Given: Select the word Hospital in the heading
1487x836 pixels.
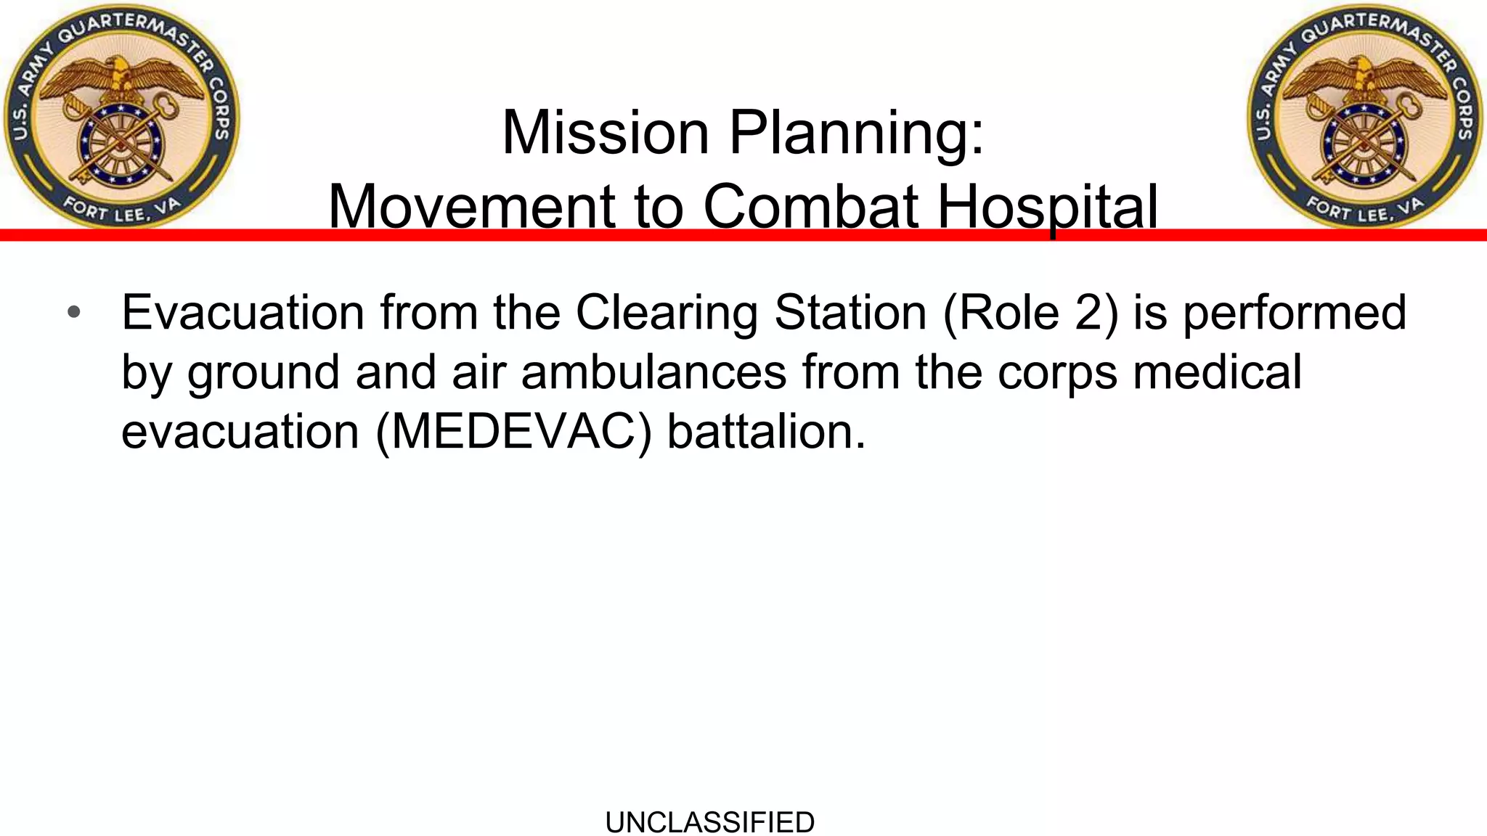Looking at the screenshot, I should coord(1047,207).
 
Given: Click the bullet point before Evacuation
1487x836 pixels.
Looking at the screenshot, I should coord(73,313).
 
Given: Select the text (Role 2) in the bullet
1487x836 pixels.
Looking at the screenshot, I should coord(1030,313).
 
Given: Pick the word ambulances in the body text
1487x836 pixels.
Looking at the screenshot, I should coord(653,372).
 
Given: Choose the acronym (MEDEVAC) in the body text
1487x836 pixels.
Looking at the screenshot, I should coord(514,432).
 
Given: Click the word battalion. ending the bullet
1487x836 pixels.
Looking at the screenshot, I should coord(766,432).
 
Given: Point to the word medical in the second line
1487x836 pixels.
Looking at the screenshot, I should coord(1217,372).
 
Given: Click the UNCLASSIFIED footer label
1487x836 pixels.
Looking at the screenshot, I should coord(709,822).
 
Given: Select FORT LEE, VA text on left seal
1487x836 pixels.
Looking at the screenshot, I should coord(121,209).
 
